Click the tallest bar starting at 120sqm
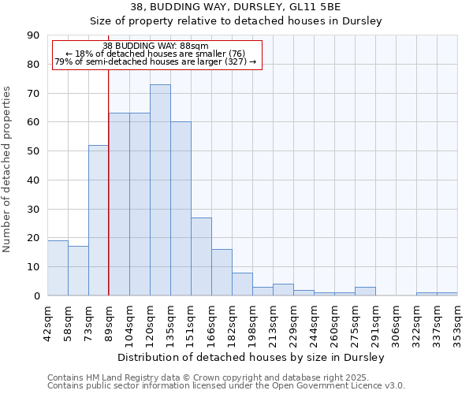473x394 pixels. pos(160,190)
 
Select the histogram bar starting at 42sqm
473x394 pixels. pos(58,268)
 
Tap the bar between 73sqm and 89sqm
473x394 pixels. pos(99,221)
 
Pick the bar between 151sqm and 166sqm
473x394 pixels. pos(201,256)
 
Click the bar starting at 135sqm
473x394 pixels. pos(181,209)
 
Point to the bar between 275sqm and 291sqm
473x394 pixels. pos(365,292)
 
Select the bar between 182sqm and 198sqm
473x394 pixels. pos(242,284)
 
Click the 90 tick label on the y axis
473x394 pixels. pos(33,35)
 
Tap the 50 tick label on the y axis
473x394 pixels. pos(33,151)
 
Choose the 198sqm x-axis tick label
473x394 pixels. pos(252,321)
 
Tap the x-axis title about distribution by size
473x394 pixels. pos(251,357)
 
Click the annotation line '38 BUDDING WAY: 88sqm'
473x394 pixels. pos(156,46)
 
